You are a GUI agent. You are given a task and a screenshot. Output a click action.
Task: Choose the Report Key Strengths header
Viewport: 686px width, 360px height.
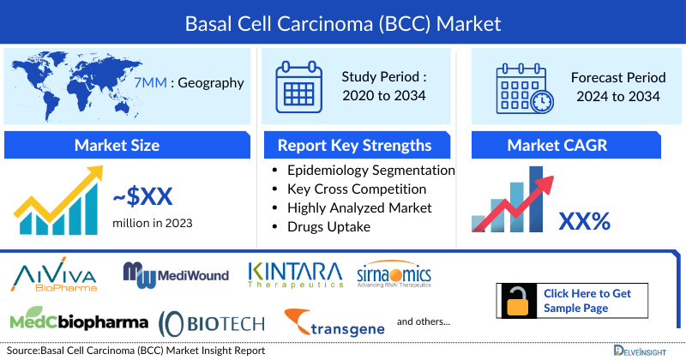tap(354, 145)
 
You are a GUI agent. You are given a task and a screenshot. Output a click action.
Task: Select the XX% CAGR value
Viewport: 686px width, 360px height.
tap(584, 221)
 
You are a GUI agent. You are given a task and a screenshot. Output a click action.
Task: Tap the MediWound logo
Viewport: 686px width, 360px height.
tap(176, 274)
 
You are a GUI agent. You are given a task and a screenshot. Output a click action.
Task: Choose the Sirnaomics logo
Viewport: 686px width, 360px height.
tap(394, 274)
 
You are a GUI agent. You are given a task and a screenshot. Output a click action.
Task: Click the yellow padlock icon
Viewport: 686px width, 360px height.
tap(517, 302)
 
